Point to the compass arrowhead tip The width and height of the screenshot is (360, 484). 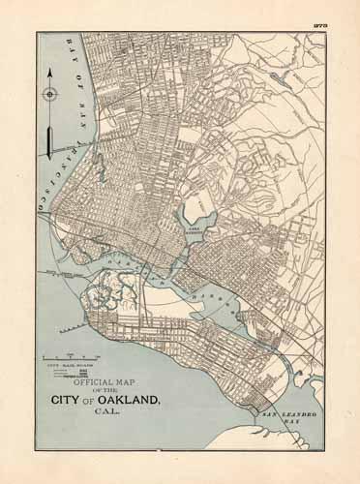tap(48, 72)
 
